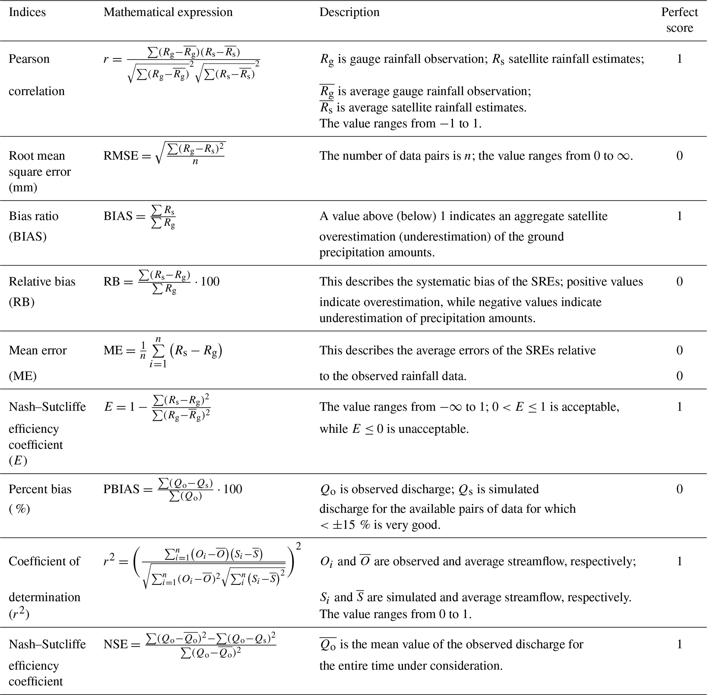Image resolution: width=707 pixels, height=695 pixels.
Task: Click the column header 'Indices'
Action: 27,12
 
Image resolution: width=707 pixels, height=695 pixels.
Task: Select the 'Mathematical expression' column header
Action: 168,12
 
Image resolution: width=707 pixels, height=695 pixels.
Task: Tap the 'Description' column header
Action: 349,12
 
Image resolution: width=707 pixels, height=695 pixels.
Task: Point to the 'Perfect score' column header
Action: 679,20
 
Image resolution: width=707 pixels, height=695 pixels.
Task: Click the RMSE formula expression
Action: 164,154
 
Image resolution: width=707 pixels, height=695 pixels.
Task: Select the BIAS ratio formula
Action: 139,217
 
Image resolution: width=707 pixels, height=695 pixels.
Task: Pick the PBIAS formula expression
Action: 172,489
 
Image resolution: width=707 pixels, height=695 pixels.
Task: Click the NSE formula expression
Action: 189,645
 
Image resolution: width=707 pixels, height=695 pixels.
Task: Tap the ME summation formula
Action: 163,351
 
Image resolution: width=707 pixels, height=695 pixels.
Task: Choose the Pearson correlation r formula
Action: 181,65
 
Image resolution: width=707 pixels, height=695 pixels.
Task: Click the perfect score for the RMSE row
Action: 679,156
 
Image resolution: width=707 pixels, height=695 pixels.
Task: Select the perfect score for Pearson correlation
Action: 679,59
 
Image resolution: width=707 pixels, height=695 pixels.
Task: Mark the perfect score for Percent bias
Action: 679,489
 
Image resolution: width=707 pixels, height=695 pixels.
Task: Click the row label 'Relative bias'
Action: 42,281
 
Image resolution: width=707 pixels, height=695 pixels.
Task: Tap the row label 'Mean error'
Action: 38,350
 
